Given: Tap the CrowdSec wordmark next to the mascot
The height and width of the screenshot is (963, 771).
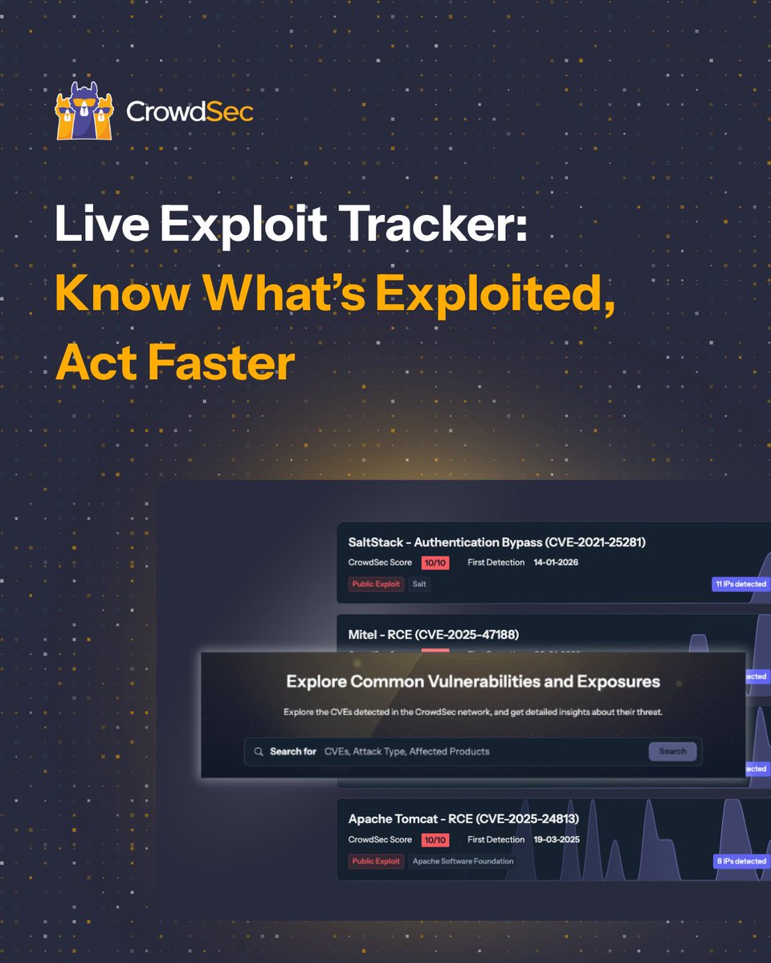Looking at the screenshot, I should (190, 112).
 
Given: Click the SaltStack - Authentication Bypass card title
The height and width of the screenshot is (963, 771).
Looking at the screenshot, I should (496, 542).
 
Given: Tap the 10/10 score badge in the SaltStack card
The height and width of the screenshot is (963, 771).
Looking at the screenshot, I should (434, 563).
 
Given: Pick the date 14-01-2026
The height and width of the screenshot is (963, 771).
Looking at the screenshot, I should (556, 563).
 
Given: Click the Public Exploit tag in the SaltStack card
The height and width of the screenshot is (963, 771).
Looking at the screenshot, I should (376, 584).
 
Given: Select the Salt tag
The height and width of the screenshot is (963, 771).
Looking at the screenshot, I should (419, 584).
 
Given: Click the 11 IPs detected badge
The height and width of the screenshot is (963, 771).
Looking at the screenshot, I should (740, 584).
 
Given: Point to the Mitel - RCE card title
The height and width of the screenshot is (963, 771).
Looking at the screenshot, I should (434, 635).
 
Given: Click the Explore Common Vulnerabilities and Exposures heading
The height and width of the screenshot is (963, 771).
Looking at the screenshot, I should (473, 682).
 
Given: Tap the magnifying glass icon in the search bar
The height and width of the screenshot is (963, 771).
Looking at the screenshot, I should (259, 752).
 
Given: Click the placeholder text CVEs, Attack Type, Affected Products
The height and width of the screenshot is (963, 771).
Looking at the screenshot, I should (406, 752).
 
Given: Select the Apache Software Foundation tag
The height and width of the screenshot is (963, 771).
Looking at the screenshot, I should (463, 861).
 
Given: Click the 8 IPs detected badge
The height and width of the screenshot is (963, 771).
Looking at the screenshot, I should (740, 861).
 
